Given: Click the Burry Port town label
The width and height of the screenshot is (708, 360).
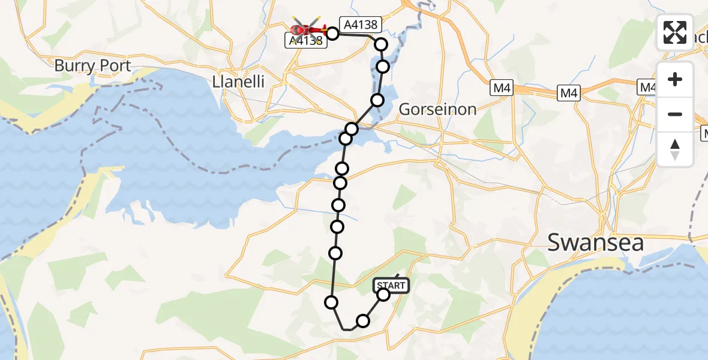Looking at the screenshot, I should (92, 65).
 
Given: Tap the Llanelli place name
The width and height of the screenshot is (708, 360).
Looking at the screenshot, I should (238, 82).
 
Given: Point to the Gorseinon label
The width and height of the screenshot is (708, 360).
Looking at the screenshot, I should (437, 109).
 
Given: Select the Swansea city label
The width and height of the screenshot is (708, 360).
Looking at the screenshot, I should (595, 243).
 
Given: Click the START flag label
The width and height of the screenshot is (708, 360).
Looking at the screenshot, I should (392, 286).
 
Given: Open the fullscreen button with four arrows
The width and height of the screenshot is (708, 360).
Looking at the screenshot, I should (675, 32).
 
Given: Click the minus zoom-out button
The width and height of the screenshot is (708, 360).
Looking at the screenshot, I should (675, 114).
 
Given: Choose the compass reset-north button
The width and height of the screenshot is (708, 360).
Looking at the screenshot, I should (675, 149).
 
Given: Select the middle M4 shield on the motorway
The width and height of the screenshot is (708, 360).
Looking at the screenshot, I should (569, 93).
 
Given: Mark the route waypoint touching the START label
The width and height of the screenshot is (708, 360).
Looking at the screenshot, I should (383, 295).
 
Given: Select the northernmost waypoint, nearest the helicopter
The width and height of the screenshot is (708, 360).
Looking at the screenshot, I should (332, 33).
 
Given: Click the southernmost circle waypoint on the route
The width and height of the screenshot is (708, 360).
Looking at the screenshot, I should (362, 321).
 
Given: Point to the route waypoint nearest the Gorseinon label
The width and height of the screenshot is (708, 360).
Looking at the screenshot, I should (377, 100).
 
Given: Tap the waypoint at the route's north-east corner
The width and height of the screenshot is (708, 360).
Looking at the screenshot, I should (381, 44).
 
